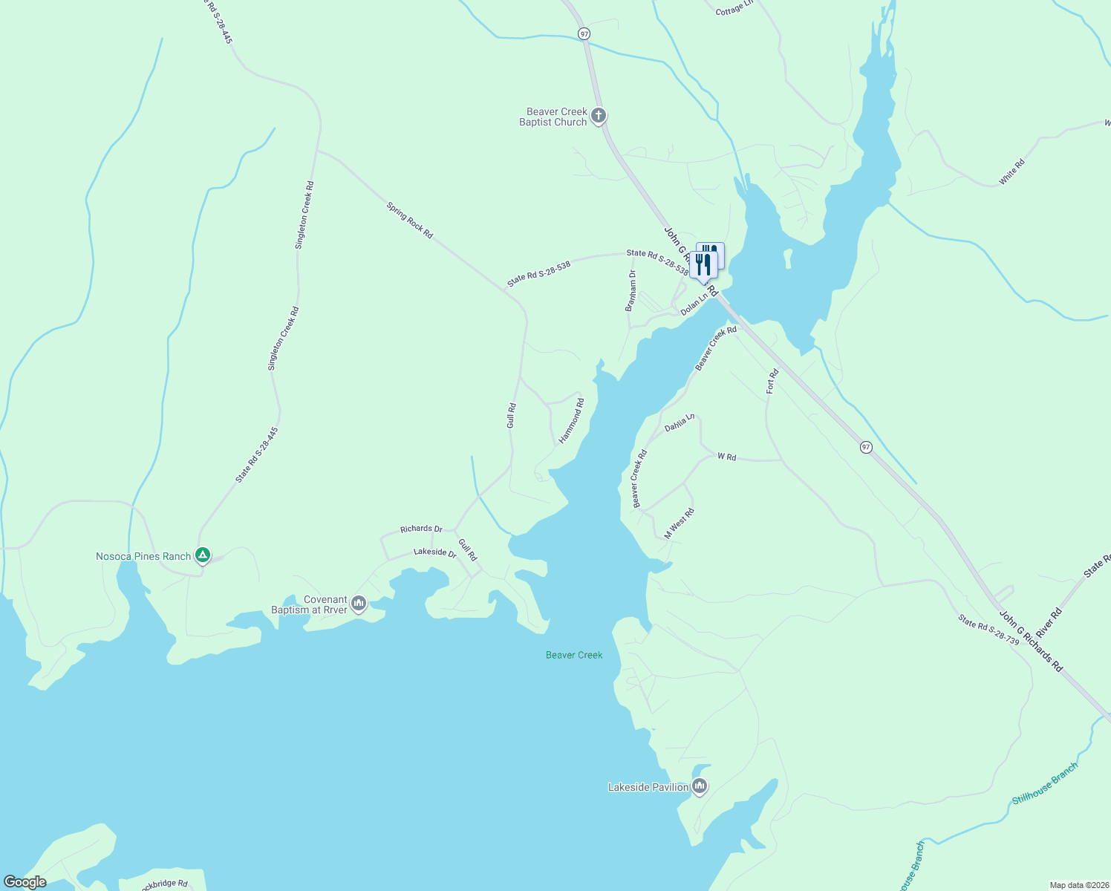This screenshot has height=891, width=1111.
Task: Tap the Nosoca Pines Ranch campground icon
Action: click(x=202, y=555)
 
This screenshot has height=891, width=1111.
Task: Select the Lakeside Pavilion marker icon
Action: click(x=699, y=786)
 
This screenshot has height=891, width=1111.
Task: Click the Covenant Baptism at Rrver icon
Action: click(x=359, y=604)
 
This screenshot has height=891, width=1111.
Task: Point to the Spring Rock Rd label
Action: click(x=409, y=220)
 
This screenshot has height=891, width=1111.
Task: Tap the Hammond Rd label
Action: click(x=572, y=421)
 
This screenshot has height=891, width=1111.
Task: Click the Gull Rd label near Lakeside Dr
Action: click(x=467, y=549)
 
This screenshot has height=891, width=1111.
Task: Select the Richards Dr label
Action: click(x=421, y=529)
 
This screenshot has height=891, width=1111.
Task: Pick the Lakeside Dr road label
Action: click(x=434, y=552)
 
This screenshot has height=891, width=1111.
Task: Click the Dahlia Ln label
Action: click(x=680, y=422)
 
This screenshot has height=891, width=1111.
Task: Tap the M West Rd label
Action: click(x=679, y=523)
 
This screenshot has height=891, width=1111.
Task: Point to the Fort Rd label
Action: click(x=772, y=381)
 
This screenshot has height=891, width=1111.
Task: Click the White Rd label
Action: click(x=1011, y=172)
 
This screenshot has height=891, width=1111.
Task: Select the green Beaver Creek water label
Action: click(x=574, y=655)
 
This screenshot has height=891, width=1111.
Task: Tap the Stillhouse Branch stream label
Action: click(x=1044, y=784)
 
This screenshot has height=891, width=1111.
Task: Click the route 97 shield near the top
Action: click(x=584, y=34)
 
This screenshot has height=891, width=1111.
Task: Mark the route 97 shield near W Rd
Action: click(x=866, y=447)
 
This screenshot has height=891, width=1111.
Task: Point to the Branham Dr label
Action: click(x=631, y=290)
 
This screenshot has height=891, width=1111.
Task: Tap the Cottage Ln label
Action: click(x=734, y=8)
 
